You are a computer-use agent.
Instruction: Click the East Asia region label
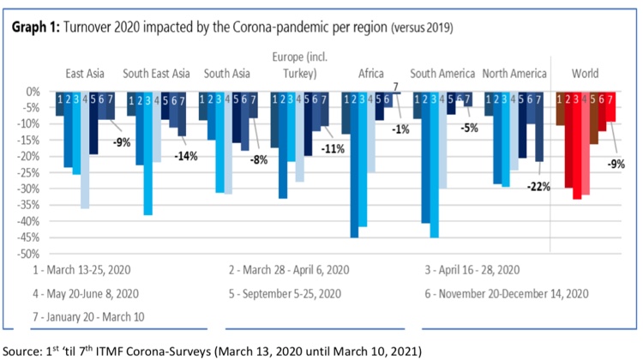[85, 74]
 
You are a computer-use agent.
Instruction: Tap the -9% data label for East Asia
[122, 142]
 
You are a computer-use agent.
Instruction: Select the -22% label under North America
[538, 187]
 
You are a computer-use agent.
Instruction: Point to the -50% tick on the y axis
[28, 254]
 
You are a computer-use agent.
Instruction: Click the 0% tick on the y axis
[33, 92]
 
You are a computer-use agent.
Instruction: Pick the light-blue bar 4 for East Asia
[85, 151]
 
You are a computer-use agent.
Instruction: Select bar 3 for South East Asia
[148, 153]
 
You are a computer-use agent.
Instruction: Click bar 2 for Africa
[354, 165]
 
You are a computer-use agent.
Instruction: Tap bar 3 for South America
[434, 165]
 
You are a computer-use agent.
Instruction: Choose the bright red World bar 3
[577, 146]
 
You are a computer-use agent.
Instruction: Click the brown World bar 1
[560, 109]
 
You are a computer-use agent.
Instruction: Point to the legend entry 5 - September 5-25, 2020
[285, 294]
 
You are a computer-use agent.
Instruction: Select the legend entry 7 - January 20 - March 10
[88, 317]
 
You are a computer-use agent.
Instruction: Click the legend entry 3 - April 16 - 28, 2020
[472, 270]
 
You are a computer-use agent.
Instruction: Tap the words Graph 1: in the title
[36, 27]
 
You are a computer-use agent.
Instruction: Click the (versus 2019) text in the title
[422, 28]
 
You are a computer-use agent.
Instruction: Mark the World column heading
[586, 74]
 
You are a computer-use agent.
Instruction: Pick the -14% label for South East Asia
[186, 156]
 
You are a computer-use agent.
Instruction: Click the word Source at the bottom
[21, 351]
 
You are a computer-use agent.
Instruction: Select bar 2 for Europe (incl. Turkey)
[283, 145]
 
